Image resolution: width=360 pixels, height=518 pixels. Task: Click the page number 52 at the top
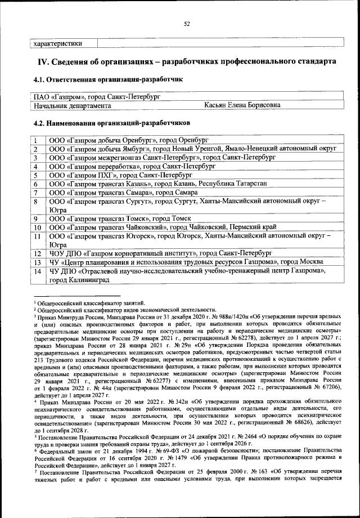(187, 23)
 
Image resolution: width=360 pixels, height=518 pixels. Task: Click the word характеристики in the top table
(58, 43)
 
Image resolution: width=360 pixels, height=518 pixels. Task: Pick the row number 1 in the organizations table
(35, 140)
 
